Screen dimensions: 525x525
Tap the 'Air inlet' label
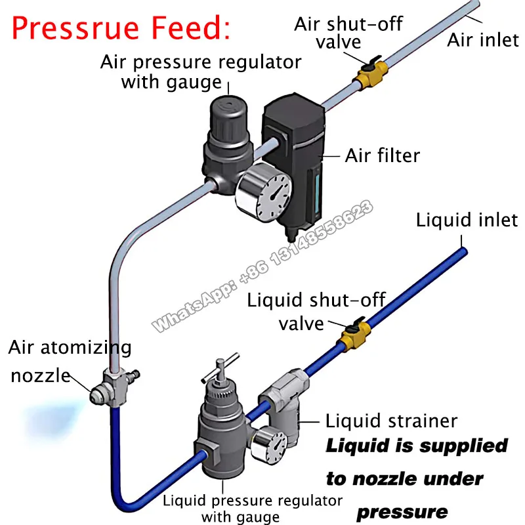click(x=482, y=40)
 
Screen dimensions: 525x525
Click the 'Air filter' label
click(x=383, y=156)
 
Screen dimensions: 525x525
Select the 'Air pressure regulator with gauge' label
click(x=201, y=72)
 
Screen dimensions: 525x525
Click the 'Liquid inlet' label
click(x=467, y=220)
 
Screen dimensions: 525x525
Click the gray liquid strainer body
click(x=283, y=410)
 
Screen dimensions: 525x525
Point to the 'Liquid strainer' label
click(x=392, y=420)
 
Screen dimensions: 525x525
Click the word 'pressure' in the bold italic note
click(x=402, y=510)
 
